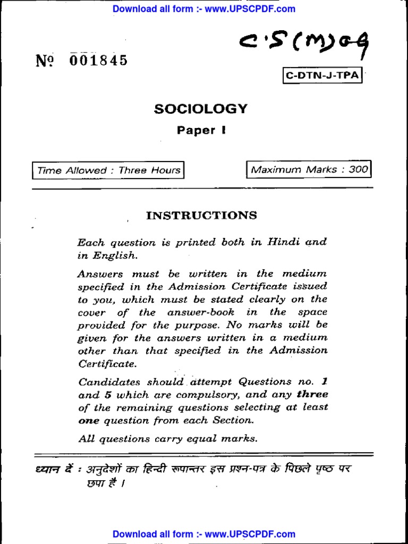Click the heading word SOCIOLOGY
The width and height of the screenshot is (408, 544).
point(201,109)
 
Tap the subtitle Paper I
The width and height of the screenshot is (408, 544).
point(201,130)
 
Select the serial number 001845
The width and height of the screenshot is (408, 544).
point(98,61)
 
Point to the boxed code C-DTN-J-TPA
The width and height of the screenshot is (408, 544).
point(322,76)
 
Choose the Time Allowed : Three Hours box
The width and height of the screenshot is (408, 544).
point(108,171)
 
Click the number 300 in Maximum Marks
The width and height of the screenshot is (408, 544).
point(358,170)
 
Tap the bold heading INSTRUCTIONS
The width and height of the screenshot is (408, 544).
point(201,215)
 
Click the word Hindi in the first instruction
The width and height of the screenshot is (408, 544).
point(285,242)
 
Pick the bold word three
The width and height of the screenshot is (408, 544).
point(312,394)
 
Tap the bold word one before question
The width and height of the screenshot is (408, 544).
point(89,421)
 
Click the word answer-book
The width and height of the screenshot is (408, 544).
point(201,312)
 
